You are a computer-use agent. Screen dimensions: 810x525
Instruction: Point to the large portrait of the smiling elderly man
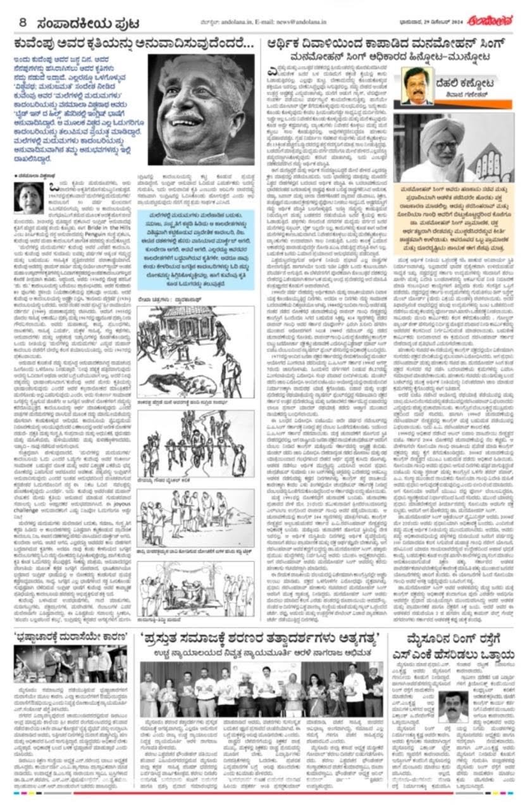[x=201, y=109]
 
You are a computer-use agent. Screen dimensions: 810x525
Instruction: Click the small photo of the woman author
[x=29, y=198]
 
